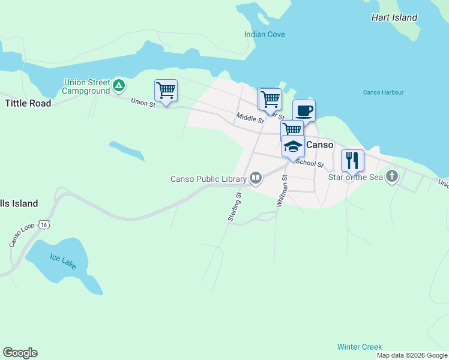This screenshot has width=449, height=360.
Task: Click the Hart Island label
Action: (394, 17)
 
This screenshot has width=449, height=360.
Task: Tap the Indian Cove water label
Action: (265, 34)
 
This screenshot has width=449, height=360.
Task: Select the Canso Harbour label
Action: (384, 92)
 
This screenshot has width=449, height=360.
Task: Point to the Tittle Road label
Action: (28, 103)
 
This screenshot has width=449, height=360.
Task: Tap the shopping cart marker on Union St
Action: (166, 91)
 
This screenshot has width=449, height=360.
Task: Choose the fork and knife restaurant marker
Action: (352, 160)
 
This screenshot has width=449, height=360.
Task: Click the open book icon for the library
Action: (256, 178)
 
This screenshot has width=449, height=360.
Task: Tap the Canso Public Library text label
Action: (208, 179)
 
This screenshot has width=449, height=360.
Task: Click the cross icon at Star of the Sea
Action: (392, 176)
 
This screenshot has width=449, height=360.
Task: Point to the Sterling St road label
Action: (235, 208)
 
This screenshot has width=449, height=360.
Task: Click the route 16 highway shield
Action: (43, 224)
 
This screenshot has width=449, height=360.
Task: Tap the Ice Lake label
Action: (63, 261)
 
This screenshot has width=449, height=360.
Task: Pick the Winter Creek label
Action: (359, 347)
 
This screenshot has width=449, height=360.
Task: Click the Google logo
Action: (20, 353)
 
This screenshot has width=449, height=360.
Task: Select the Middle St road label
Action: (250, 118)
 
